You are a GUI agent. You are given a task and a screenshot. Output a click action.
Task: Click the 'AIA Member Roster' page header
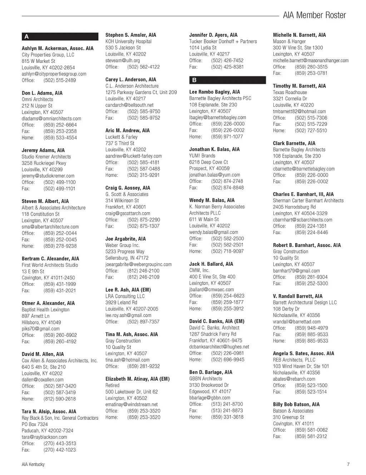coord(314,15)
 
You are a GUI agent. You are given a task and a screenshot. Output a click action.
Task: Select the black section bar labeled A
coord(60,36)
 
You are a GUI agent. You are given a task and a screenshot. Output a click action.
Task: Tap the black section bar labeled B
coord(227,80)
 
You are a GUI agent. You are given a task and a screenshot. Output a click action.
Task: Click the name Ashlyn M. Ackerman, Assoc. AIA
coord(58,49)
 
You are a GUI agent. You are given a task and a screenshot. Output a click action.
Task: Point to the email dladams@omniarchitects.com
coord(51,119)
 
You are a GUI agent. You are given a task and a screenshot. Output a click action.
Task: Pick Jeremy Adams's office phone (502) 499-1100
coord(59,182)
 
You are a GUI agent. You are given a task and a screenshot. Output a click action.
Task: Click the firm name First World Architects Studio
coord(50,265)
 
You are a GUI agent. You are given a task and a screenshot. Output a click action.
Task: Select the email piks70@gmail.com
coord(41,329)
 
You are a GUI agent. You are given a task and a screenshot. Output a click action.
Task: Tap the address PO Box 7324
coord(35,424)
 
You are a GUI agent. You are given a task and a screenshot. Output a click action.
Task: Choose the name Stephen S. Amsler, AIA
coord(131,35)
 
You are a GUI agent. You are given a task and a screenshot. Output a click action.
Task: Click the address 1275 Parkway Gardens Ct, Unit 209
coord(141,93)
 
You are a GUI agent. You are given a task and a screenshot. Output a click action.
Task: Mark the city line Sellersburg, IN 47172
coord(127,258)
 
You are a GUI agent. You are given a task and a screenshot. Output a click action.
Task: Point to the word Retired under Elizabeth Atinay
coord(113,386)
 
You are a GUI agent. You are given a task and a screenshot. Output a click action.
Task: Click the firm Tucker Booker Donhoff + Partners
coord(223,41)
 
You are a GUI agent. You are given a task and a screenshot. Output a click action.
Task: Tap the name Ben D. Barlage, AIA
coord(211,372)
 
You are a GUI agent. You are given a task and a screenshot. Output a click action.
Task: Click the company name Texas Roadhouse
coord(290,93)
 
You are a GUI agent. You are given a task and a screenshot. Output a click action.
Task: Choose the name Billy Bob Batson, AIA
coord(296,405)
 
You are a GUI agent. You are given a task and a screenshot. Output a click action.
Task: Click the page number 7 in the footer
coord(348,464)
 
